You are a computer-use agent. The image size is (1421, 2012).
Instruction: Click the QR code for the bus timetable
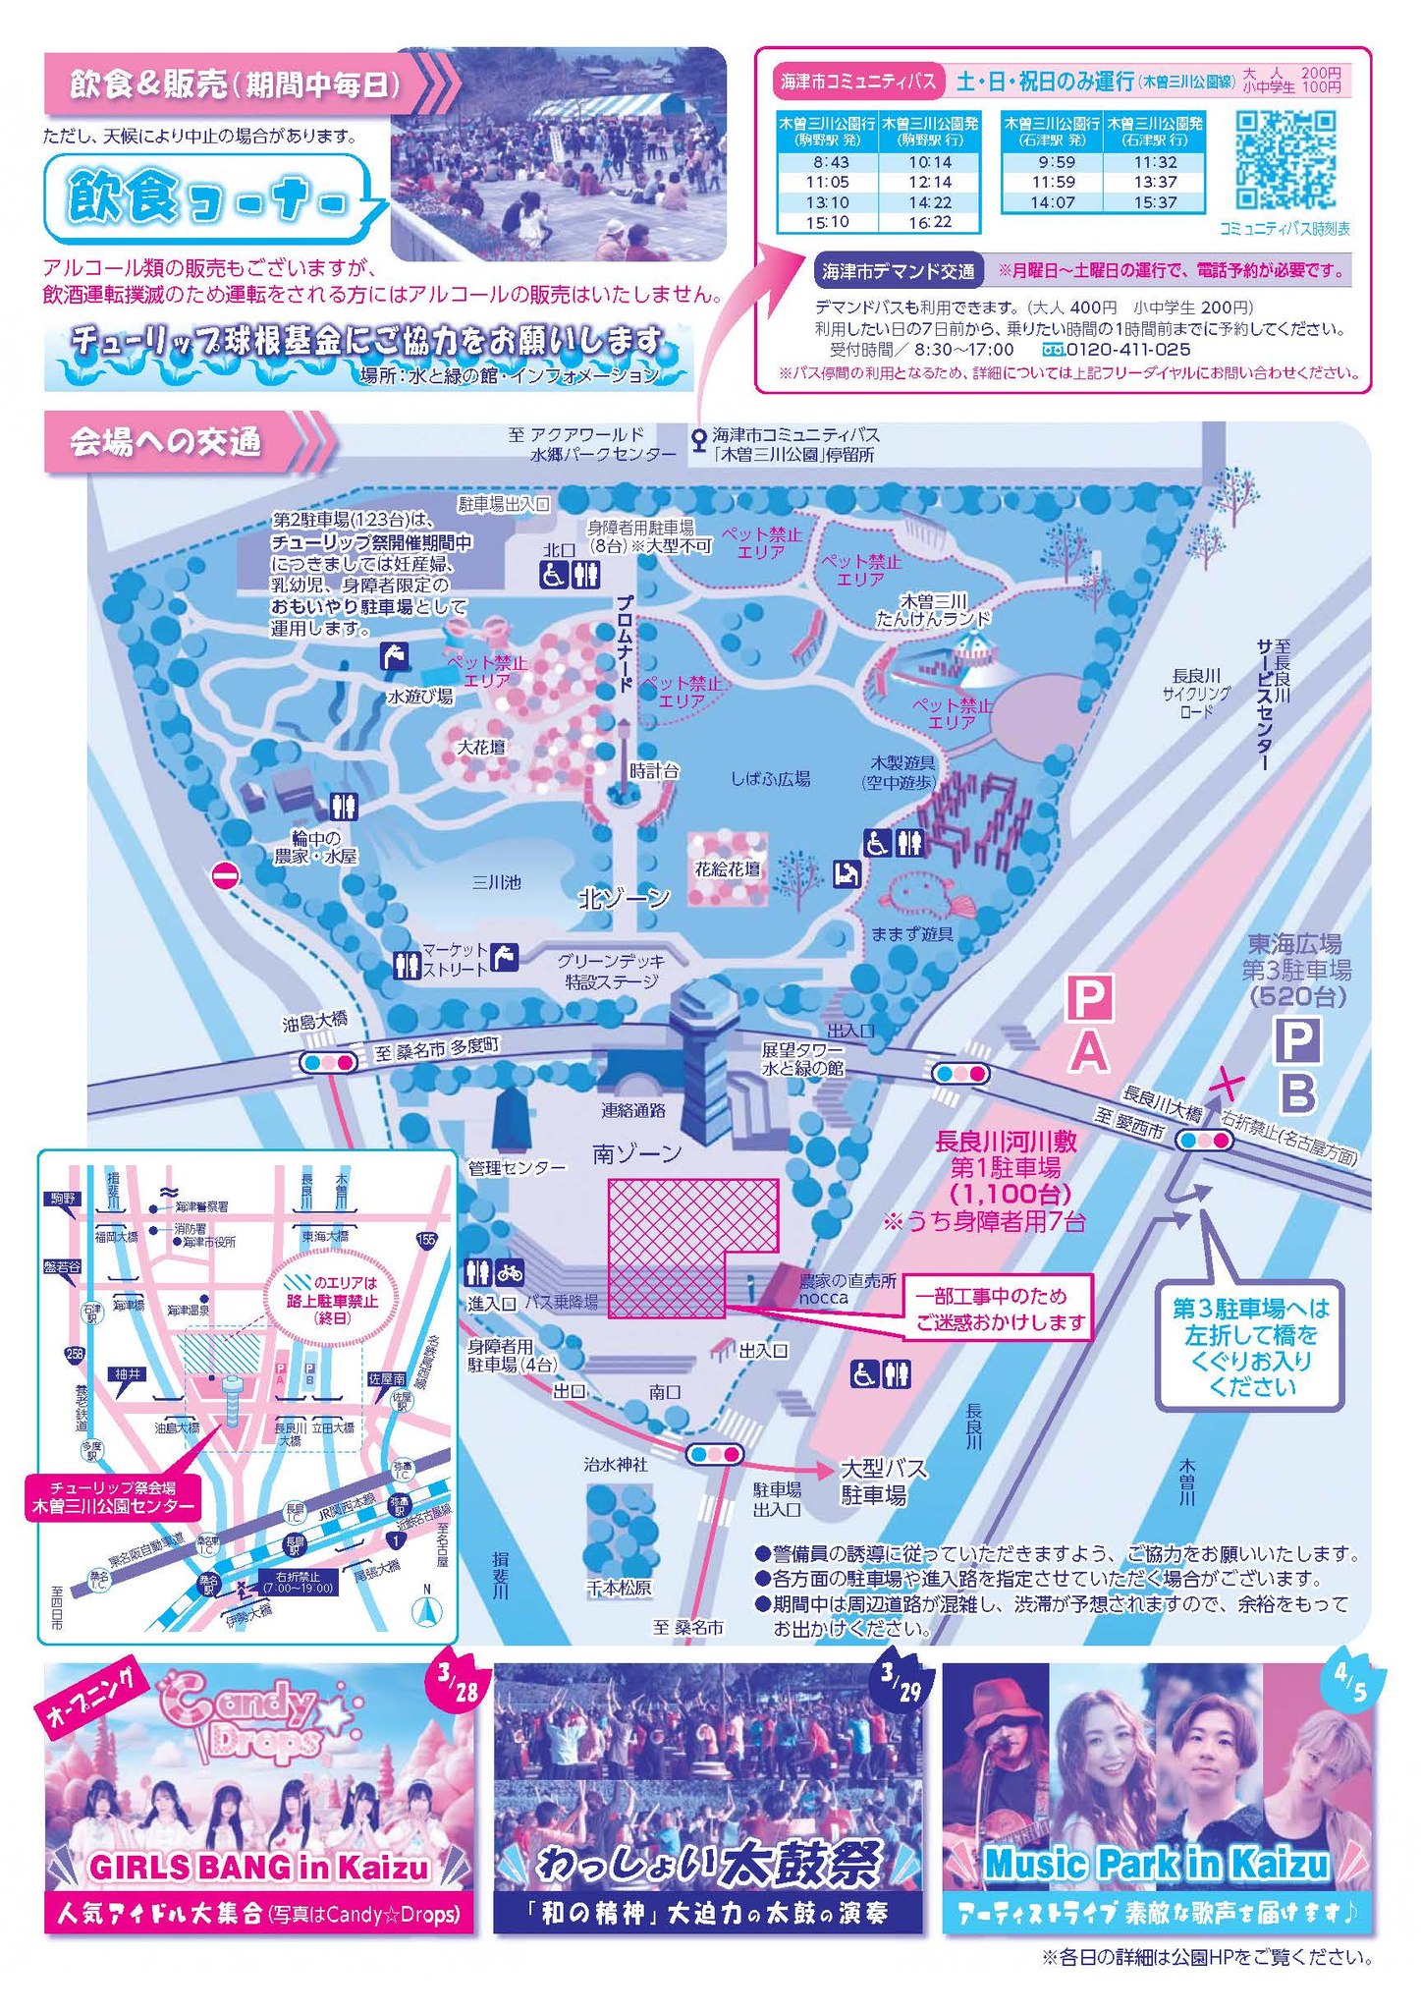coord(1285,160)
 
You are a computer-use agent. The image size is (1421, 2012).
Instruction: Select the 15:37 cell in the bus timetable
coord(1155,202)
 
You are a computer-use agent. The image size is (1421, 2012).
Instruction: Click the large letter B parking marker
coord(1297,1091)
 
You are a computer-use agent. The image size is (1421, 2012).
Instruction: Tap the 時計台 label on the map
coord(654,771)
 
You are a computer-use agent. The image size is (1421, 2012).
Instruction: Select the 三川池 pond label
coord(496,882)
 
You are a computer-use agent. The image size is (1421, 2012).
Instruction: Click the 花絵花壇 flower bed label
coord(727,868)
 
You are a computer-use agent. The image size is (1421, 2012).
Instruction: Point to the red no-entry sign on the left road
coord(226,876)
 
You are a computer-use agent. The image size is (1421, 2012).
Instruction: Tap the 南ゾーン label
coord(636,1153)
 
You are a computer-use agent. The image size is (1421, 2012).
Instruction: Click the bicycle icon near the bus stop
coord(510,1272)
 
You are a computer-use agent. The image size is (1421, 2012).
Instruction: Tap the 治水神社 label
coord(616,1465)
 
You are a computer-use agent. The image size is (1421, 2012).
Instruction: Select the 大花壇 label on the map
coord(481,748)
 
